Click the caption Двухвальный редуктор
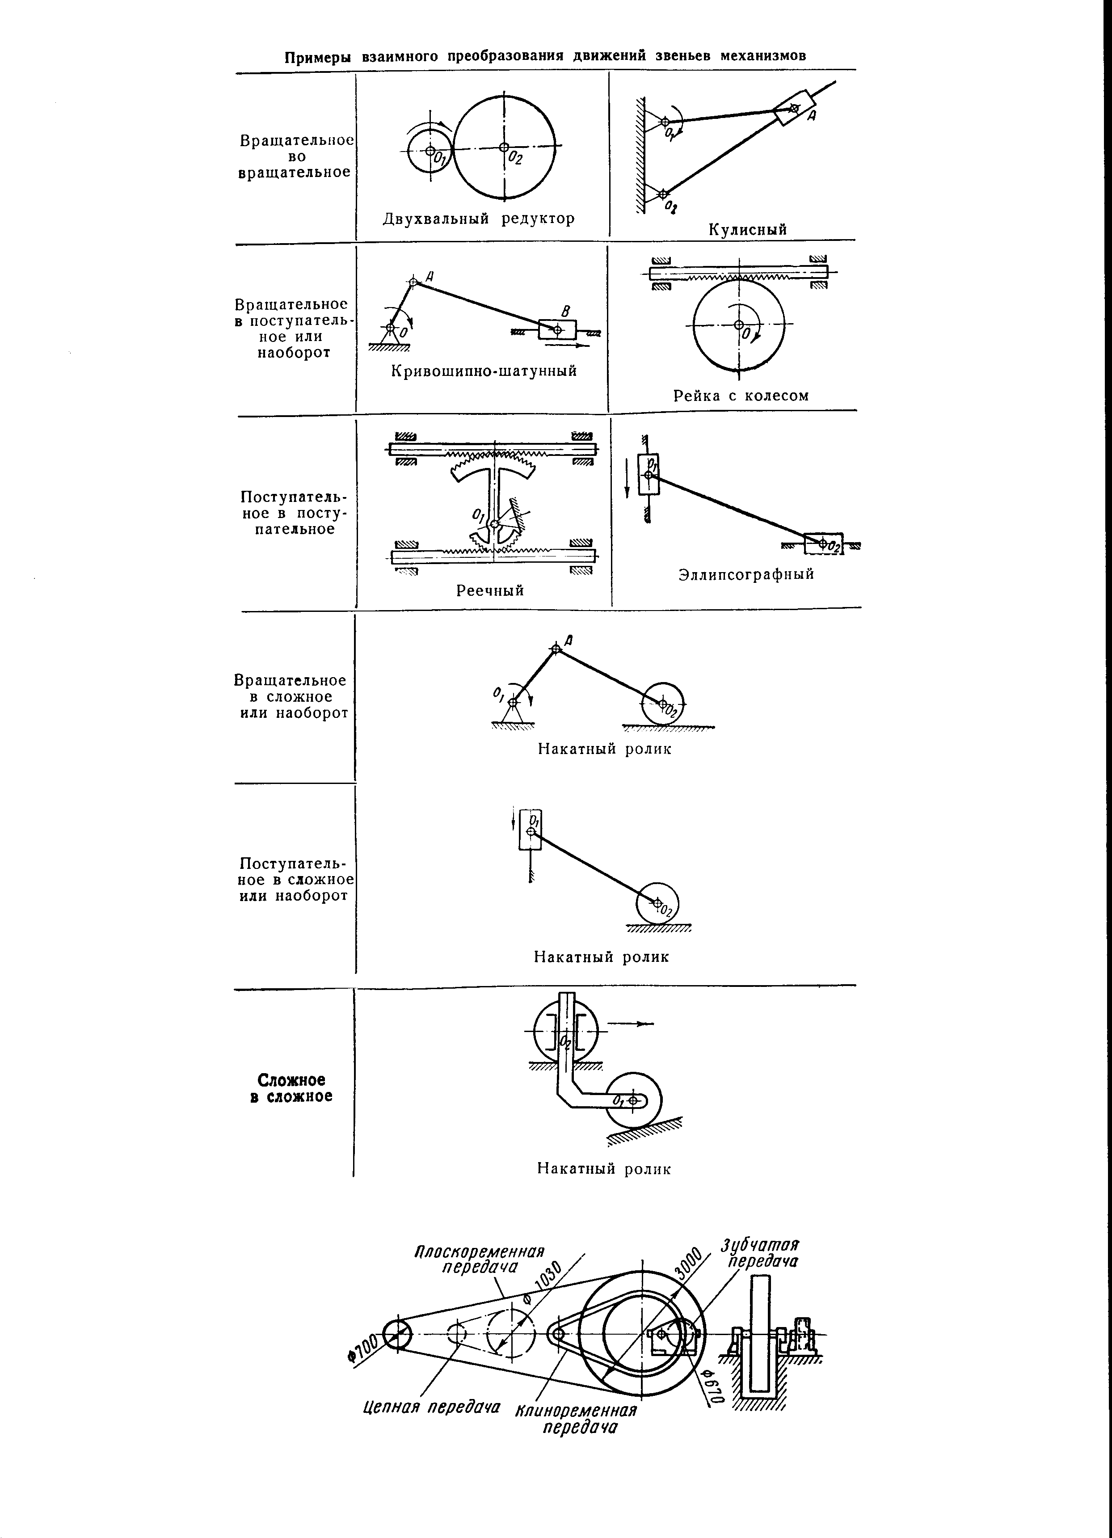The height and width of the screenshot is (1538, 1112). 479,219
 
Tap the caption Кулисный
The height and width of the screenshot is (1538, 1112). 748,229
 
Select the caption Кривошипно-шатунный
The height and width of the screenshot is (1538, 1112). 484,371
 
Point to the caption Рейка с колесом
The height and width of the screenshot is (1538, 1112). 741,396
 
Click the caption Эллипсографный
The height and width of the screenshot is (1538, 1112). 746,574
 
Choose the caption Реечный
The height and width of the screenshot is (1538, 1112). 490,590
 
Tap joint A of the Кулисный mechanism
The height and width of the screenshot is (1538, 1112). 795,107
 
